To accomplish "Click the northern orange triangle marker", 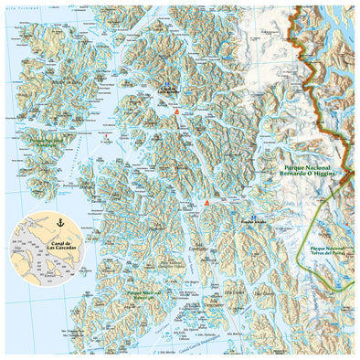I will (176, 107).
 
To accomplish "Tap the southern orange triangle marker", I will (208, 202).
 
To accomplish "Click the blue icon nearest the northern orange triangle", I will (168, 90).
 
